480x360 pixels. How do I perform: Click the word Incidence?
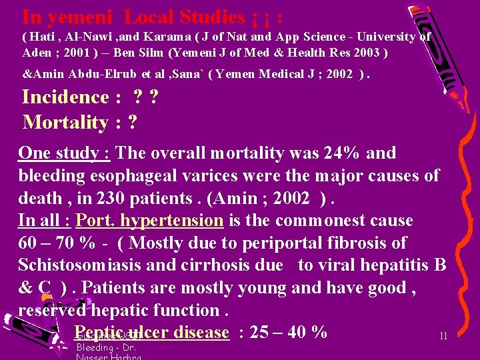[65, 97]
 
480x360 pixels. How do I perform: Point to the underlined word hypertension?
[179, 221]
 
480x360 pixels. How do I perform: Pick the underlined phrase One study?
[64, 153]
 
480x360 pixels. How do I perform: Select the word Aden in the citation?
[36, 53]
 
